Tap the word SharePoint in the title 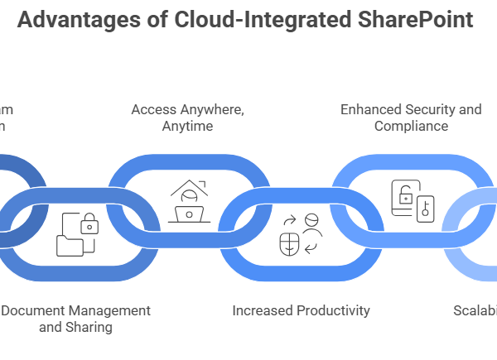409,20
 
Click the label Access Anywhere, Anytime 189,118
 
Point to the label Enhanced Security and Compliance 411,118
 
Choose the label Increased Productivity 301,310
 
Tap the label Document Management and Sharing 76,319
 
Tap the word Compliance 411,126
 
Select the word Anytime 189,126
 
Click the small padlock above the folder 88,223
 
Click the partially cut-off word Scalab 475,310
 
